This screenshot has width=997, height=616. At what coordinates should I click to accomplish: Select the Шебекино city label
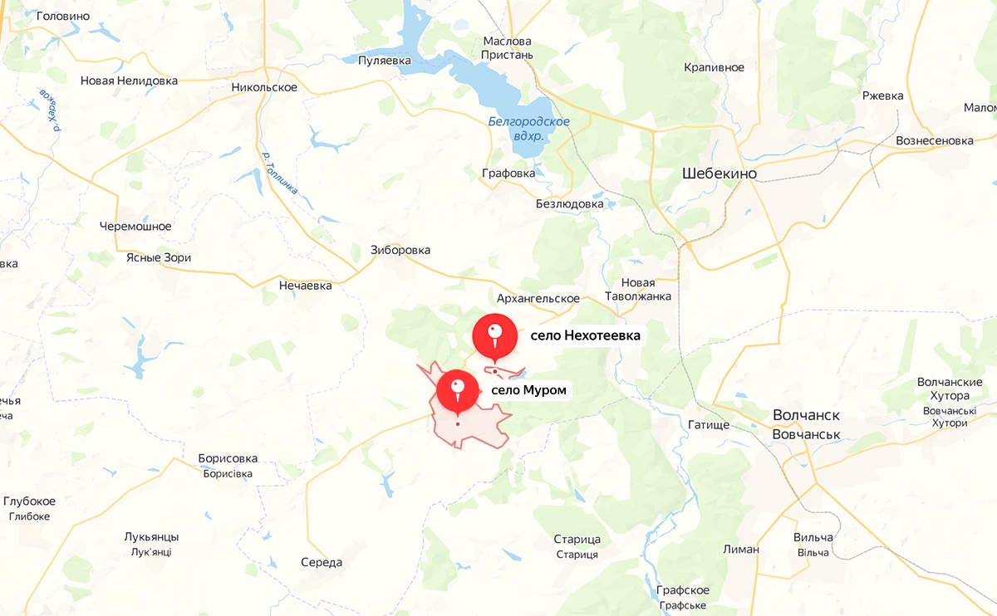(x=719, y=174)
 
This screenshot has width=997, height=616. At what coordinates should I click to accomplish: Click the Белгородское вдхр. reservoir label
(x=528, y=129)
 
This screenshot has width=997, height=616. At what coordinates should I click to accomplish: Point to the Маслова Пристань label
(x=507, y=48)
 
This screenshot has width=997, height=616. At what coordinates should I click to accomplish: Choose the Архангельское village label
(x=538, y=298)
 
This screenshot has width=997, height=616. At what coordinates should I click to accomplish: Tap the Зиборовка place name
(x=400, y=250)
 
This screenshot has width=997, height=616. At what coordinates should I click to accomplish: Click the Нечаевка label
(x=305, y=286)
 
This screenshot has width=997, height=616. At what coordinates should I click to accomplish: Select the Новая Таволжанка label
(x=638, y=290)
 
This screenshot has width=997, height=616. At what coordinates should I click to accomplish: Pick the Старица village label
(x=577, y=540)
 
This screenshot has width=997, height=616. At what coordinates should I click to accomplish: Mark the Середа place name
(x=322, y=562)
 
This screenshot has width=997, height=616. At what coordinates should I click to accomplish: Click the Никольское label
(x=264, y=87)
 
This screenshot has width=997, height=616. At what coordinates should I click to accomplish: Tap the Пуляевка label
(x=385, y=61)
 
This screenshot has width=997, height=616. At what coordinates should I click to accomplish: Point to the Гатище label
(x=709, y=424)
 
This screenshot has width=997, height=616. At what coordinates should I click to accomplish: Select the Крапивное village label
(x=714, y=67)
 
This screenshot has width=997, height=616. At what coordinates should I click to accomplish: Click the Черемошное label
(x=135, y=226)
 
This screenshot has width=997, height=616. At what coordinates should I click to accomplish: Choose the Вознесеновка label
(x=934, y=140)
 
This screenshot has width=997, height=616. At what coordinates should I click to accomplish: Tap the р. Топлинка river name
(x=279, y=171)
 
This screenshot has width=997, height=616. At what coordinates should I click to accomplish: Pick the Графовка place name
(x=508, y=174)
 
